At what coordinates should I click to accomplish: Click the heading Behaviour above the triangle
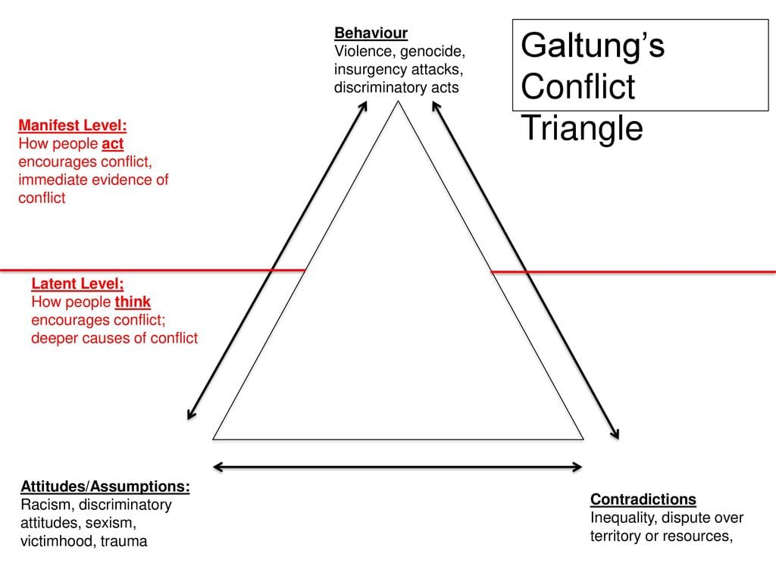[371, 33]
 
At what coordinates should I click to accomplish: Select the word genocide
[428, 52]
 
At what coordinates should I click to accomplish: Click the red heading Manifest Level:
[72, 125]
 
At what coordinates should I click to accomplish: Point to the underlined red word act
[112, 143]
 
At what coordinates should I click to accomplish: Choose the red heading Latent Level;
[77, 283]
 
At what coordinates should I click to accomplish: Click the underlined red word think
[133, 302]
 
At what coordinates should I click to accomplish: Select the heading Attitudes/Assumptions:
[105, 486]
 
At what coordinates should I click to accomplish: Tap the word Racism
[45, 505]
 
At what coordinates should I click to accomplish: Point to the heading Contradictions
[643, 499]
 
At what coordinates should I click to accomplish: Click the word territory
[617, 537]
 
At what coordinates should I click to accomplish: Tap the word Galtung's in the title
[593, 45]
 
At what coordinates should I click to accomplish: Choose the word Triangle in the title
[582, 129]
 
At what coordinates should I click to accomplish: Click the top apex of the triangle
[399, 102]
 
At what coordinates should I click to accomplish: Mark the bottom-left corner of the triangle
[214, 439]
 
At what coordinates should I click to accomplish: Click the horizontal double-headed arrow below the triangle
[399, 467]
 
